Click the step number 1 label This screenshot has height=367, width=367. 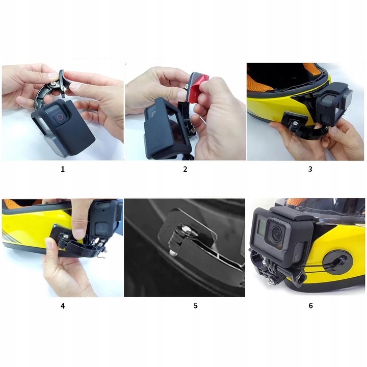[x=63, y=169]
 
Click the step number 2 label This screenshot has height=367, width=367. [x=185, y=169]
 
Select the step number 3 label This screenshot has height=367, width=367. [x=310, y=169]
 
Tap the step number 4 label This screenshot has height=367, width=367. [x=63, y=306]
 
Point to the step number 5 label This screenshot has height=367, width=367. [x=195, y=306]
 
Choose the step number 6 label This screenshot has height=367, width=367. [x=310, y=306]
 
